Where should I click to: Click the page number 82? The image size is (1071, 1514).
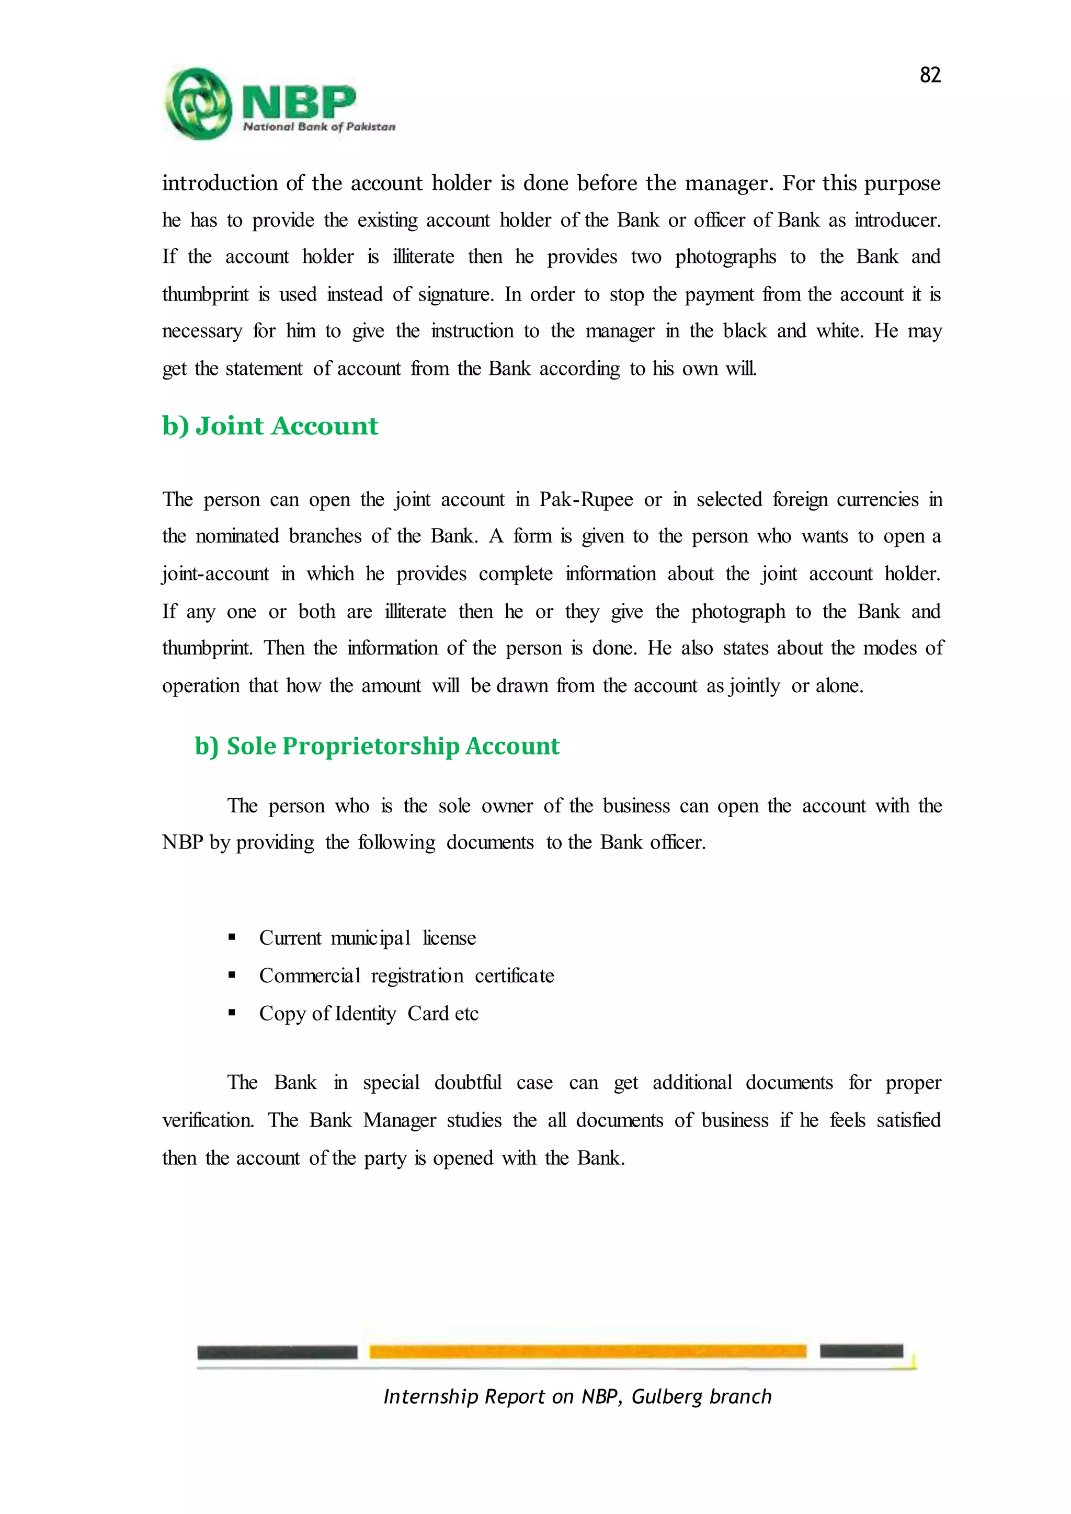click(x=930, y=75)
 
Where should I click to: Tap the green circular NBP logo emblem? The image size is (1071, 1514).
click(x=198, y=104)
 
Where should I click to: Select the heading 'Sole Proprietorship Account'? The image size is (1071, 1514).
click(x=377, y=746)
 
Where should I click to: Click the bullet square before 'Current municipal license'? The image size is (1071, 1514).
click(x=232, y=938)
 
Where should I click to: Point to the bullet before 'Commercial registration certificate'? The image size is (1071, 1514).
click(x=232, y=975)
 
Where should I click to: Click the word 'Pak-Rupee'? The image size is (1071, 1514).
click(x=586, y=499)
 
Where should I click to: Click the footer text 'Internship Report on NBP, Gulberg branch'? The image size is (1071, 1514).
click(x=577, y=1396)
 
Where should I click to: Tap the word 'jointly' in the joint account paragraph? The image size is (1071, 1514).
click(x=754, y=686)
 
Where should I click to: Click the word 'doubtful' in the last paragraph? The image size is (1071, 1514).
click(x=468, y=1083)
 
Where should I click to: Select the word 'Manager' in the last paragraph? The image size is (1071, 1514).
click(x=400, y=1120)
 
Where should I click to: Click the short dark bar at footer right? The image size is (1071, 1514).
click(x=861, y=1350)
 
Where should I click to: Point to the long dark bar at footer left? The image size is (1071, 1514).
click(x=277, y=1352)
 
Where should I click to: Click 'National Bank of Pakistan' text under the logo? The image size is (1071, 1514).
click(x=319, y=127)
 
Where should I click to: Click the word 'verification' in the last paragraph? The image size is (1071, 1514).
click(x=207, y=1120)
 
